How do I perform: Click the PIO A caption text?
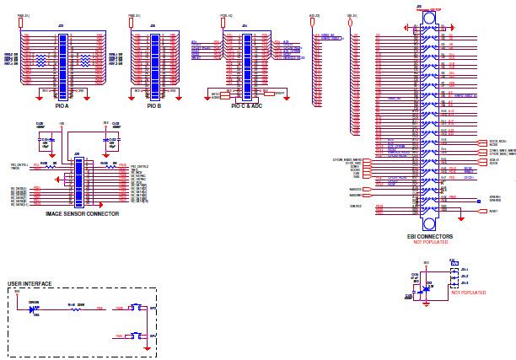[62, 106]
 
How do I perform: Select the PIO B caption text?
[153, 106]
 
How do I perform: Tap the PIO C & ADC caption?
[246, 106]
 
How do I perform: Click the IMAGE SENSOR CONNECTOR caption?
[82, 214]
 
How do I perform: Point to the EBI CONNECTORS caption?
[430, 237]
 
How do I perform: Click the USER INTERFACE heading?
[30, 283]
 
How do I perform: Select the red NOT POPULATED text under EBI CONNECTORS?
[430, 243]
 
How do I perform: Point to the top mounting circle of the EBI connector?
[429, 18]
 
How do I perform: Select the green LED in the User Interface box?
[34, 309]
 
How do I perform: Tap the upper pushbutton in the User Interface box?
[135, 309]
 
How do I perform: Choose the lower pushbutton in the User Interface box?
[135, 336]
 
